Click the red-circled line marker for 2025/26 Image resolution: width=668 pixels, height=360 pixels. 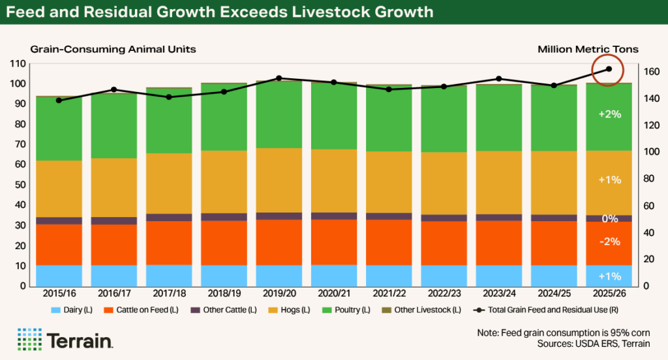coord(609,68)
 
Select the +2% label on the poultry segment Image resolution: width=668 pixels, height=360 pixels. coord(609,113)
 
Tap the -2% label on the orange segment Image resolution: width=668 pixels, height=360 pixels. coord(609,241)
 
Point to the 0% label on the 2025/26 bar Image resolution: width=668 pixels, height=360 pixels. coord(609,219)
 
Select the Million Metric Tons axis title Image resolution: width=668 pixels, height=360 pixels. coord(588,49)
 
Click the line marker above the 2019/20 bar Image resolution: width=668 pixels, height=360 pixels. coord(279,78)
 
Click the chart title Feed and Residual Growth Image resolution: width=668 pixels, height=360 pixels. coord(222,12)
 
